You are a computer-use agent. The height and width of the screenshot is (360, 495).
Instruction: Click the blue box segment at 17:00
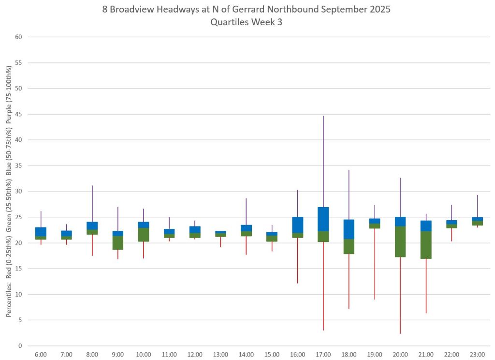click(x=323, y=219)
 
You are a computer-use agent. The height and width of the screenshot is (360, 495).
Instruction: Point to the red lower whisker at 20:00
click(x=400, y=295)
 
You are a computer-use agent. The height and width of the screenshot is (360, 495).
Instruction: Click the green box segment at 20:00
click(x=400, y=241)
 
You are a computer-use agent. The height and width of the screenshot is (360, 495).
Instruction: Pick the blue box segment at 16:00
click(x=297, y=225)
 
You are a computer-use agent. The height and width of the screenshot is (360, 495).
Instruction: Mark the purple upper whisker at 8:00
click(x=92, y=204)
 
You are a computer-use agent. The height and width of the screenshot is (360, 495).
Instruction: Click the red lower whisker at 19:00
click(x=375, y=264)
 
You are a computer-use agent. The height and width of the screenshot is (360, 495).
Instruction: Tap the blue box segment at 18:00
click(x=349, y=229)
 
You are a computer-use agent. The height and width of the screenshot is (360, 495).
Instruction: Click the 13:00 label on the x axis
click(x=220, y=355)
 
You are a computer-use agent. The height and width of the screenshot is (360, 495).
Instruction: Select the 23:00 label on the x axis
click(x=477, y=355)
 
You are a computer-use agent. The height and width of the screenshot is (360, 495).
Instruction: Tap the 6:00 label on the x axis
click(x=41, y=355)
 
